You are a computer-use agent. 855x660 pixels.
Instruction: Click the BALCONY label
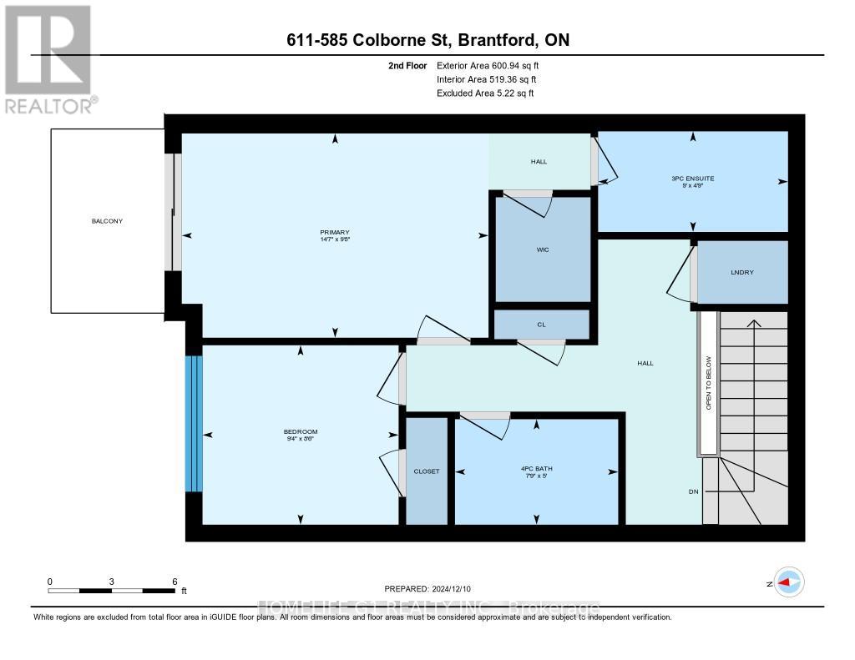[x=108, y=221]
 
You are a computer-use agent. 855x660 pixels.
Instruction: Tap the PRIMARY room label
[x=333, y=233]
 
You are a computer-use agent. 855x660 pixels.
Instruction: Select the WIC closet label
[x=542, y=248]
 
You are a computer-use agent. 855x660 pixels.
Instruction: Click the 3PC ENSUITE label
[x=692, y=179]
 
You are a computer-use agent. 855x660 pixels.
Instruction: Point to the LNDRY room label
[x=741, y=272]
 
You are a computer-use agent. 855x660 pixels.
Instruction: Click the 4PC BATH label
[x=537, y=469]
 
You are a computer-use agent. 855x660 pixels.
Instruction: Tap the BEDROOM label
[x=301, y=431]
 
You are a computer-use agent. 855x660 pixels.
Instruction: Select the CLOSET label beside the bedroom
[x=426, y=471]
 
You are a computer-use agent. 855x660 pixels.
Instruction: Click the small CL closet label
[x=541, y=325]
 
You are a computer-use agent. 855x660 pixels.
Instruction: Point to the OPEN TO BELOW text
[x=708, y=383]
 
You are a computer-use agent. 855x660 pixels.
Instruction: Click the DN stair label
[x=693, y=492]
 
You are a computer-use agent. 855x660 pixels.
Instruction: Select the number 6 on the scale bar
[x=174, y=581]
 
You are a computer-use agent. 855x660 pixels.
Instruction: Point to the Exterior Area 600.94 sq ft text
[x=493, y=65]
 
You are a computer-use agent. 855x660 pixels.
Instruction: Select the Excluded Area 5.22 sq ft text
[x=485, y=93]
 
